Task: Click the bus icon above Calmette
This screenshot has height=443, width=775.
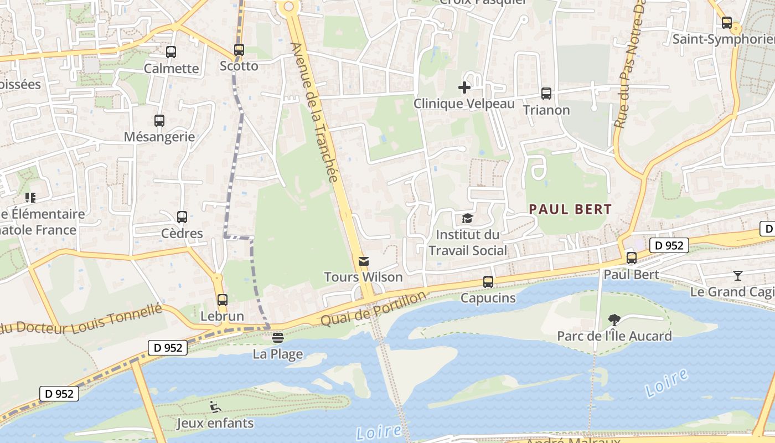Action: click(171, 52)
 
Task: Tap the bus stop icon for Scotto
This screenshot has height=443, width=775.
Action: click(239, 50)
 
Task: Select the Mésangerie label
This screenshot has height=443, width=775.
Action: click(159, 137)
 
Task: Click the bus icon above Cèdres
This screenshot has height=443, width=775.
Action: click(182, 217)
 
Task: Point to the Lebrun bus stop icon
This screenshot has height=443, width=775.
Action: click(223, 300)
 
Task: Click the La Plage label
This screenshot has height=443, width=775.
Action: click(278, 354)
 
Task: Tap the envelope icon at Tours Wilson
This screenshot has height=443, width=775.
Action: click(364, 261)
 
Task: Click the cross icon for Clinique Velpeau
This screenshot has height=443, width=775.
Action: click(464, 87)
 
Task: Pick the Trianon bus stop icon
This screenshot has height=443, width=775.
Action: click(546, 94)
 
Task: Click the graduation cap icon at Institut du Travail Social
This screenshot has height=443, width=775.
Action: click(468, 219)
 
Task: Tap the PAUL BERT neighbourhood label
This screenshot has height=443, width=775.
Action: click(570, 209)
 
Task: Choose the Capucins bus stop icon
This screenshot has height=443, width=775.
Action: click(488, 282)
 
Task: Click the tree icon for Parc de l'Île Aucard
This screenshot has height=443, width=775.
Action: click(614, 320)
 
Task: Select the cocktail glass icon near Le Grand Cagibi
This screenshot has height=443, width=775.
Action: click(738, 275)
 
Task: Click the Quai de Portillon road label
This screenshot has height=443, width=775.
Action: click(374, 308)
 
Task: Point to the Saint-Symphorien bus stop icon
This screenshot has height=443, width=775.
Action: click(727, 23)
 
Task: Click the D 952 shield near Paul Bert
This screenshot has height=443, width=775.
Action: click(669, 245)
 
